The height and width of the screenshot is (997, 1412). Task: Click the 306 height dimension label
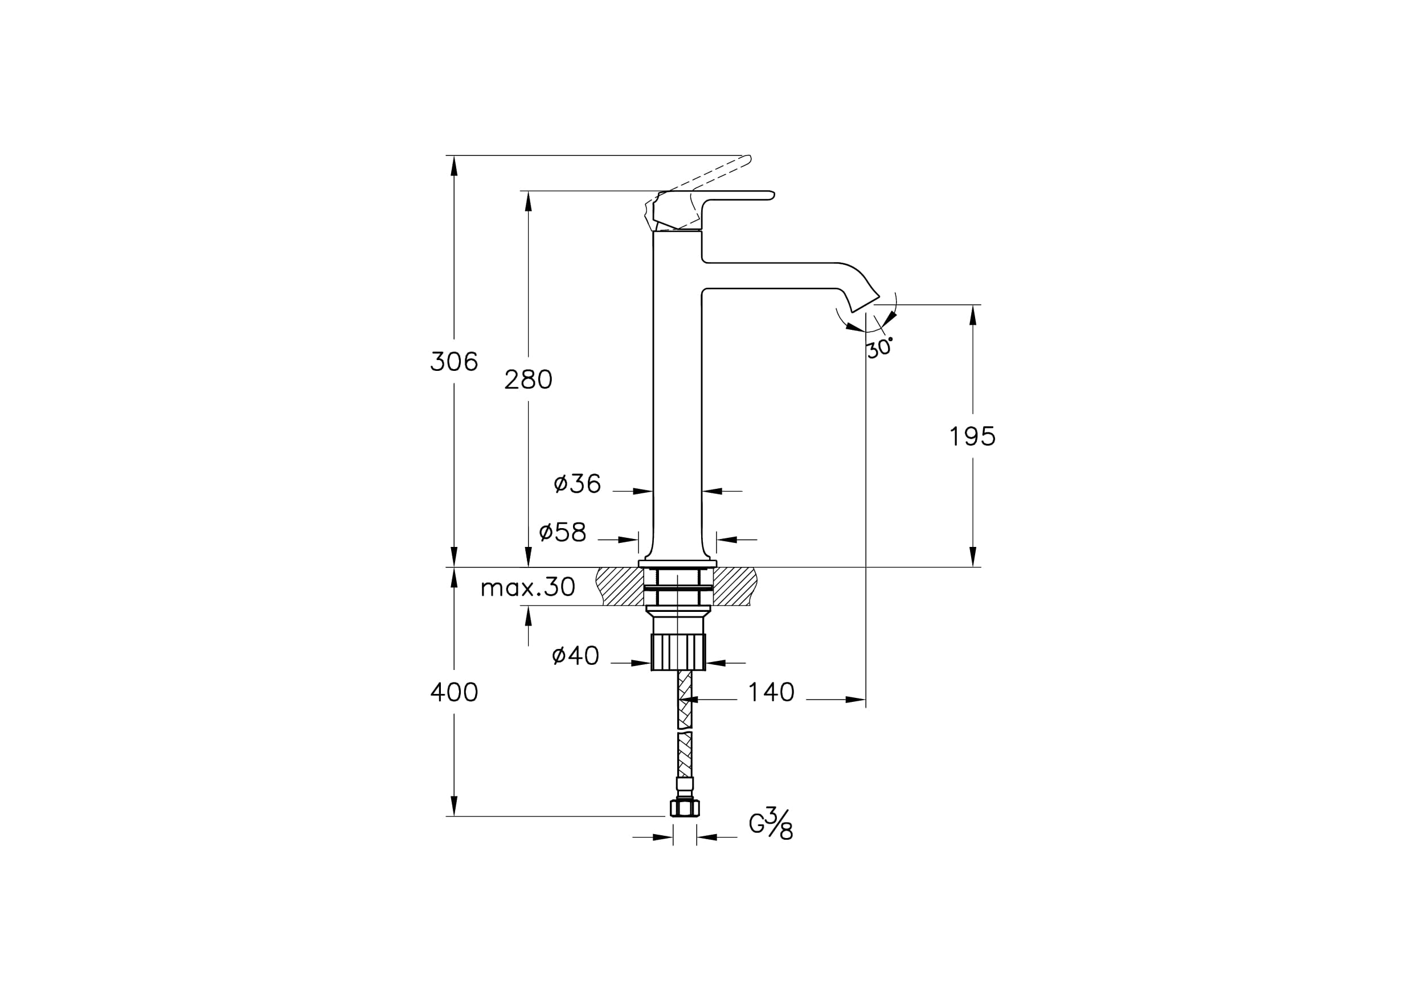pyautogui.click(x=454, y=362)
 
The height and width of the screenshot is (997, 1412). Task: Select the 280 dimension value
pyautogui.click(x=528, y=380)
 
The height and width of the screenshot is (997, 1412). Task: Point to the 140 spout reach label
pyautogui.click(x=771, y=693)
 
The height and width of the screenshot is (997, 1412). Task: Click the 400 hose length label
pyautogui.click(x=454, y=693)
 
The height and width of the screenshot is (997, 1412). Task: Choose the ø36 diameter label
pyautogui.click(x=577, y=484)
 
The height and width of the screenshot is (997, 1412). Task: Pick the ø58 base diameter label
pyautogui.click(x=563, y=532)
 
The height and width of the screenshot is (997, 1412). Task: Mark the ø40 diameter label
pyautogui.click(x=576, y=656)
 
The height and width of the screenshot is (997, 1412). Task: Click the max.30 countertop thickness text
pyautogui.click(x=527, y=587)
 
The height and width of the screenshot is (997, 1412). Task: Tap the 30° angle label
pyautogui.click(x=879, y=348)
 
